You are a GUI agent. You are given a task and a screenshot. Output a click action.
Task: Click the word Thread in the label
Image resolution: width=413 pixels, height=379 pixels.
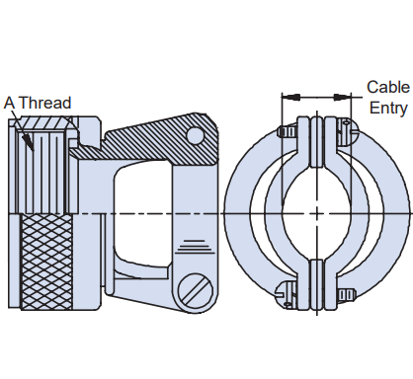click(44, 103)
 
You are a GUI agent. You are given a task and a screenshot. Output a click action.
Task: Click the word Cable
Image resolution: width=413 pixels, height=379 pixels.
click(388, 87)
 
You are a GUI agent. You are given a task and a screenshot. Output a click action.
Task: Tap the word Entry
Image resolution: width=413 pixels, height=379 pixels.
click(388, 109)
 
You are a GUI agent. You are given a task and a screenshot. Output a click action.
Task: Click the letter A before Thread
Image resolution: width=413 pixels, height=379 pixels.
click(10, 103)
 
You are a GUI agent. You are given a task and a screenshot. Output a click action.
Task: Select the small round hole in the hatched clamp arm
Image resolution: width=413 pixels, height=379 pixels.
click(195, 135)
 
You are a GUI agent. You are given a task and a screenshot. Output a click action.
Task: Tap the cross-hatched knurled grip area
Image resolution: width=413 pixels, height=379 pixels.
click(46, 263)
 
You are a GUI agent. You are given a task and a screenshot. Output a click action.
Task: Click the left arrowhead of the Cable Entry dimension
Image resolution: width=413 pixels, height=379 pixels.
click(291, 97)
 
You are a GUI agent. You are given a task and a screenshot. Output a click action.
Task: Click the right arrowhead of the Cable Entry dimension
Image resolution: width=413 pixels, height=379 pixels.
click(343, 97)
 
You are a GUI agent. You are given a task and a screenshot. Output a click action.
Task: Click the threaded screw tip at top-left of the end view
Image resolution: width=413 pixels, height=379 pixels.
click(288, 132)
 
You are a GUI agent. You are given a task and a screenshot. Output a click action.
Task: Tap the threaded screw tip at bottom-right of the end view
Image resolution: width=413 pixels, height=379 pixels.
click(347, 295)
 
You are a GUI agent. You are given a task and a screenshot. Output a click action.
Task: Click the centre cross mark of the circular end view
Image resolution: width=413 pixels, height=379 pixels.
click(317, 214)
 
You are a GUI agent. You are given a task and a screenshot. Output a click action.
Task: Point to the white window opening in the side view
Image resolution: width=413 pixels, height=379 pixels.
click(143, 215)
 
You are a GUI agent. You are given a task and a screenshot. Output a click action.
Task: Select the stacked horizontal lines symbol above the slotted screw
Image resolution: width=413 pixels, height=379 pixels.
click(194, 247)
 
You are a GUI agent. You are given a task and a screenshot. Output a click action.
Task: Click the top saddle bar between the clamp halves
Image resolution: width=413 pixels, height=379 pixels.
click(317, 141)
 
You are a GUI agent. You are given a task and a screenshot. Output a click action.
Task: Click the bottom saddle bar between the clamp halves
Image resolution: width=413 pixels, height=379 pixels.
click(317, 285)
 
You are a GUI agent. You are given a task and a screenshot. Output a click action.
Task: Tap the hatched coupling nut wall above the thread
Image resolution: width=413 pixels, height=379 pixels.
click(46, 124)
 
